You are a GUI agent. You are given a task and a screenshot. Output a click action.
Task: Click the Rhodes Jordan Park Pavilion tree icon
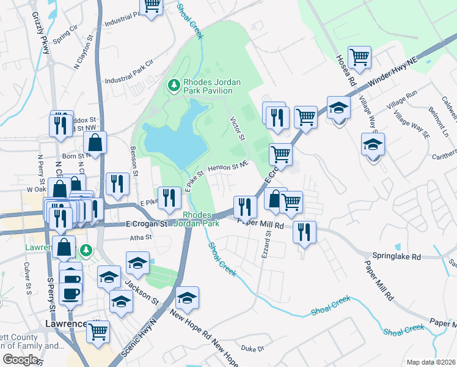(x=174, y=85)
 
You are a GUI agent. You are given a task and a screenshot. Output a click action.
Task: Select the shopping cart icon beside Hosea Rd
(x=360, y=57)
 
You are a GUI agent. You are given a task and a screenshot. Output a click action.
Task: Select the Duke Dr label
(x=252, y=349)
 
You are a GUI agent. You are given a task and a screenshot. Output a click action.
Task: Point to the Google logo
(x=20, y=360)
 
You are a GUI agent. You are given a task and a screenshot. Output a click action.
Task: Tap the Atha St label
(x=140, y=237)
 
